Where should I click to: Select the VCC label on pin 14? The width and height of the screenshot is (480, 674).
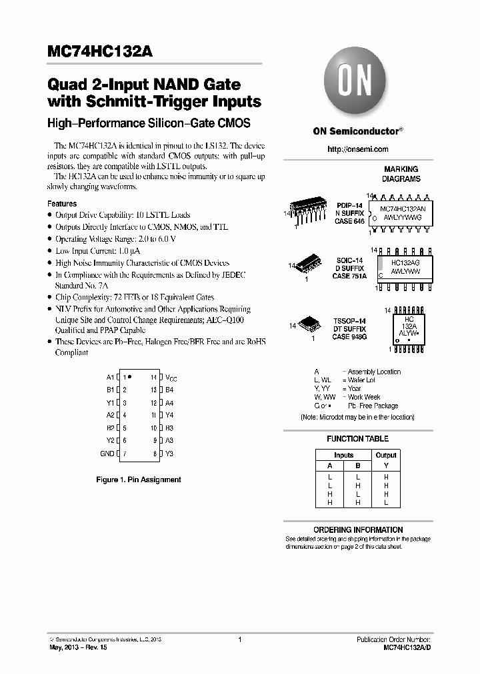click(171, 378)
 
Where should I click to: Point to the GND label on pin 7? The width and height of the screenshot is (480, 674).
click(107, 454)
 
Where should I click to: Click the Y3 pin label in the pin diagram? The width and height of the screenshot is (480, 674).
click(169, 454)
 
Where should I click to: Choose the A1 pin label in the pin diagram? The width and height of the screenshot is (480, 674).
click(110, 377)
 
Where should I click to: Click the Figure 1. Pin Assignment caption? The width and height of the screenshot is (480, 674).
click(139, 480)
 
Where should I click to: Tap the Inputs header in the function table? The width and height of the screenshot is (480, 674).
click(343, 455)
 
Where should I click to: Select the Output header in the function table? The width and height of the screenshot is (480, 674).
click(385, 455)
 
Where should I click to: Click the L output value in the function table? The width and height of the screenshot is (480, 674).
click(385, 503)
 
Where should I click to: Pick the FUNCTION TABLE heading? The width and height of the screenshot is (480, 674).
click(358, 439)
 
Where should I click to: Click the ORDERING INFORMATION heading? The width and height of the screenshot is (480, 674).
click(358, 529)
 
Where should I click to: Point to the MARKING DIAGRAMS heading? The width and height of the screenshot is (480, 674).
click(400, 174)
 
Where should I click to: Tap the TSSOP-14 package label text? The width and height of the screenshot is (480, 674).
click(349, 321)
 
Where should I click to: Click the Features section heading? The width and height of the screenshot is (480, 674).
click(62, 203)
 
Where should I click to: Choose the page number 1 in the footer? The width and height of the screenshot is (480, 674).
click(239, 639)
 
